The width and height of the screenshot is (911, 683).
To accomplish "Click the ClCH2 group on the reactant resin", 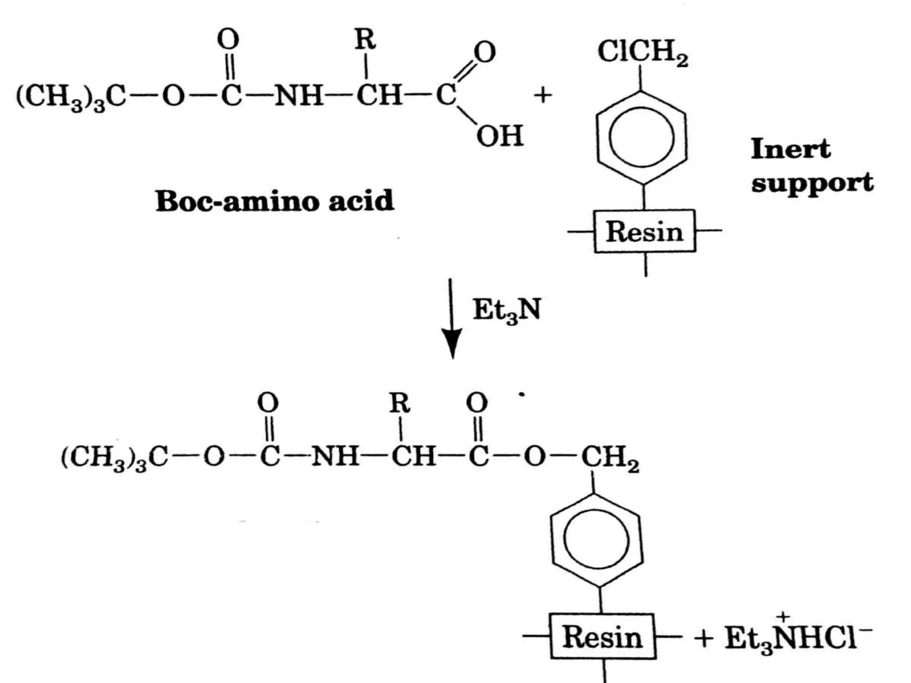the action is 642,52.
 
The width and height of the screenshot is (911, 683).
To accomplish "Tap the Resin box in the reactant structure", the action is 645,231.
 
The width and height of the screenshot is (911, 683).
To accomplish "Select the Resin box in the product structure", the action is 603,636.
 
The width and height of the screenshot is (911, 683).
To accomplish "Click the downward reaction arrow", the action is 451,318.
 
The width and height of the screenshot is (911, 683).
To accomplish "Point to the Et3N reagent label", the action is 507,310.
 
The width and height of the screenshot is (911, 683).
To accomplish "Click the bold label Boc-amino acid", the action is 274,201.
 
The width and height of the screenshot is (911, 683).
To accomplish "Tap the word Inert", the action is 790,149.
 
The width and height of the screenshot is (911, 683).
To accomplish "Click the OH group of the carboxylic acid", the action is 500,136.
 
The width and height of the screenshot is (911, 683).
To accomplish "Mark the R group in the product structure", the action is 399,403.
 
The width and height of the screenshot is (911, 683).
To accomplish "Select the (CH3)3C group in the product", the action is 115,457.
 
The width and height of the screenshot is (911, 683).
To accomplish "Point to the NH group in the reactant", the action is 298,95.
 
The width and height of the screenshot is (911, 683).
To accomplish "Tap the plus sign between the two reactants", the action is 543,95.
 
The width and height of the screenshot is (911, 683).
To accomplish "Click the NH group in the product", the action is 335,456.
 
